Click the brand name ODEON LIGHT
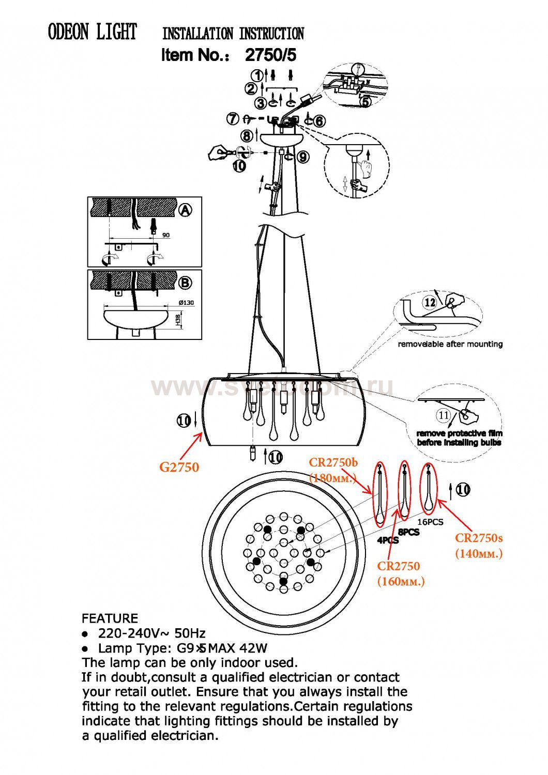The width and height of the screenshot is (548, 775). [x=92, y=32]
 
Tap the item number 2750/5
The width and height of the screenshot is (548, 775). [x=270, y=55]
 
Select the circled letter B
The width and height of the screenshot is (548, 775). [x=185, y=283]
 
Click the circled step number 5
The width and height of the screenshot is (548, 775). [x=366, y=102]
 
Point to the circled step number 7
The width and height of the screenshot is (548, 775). [x=233, y=119]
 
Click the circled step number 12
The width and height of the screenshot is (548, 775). [x=430, y=302]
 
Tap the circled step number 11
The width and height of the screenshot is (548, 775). [x=443, y=415]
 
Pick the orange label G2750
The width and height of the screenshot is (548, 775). [x=179, y=467]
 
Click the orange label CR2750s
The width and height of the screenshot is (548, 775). [x=479, y=538]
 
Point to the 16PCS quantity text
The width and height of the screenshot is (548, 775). [x=430, y=522]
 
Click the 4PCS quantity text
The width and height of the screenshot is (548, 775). [x=388, y=540]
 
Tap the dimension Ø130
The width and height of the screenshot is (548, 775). [x=186, y=303]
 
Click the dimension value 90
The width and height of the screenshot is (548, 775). [x=166, y=235]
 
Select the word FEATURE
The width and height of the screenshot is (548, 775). [x=110, y=618]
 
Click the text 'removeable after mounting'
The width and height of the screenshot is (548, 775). [x=450, y=344]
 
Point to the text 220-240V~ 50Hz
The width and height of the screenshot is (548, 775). [x=151, y=633]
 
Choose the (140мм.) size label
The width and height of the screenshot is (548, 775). [x=479, y=554]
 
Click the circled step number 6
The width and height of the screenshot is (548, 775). [x=319, y=121]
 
